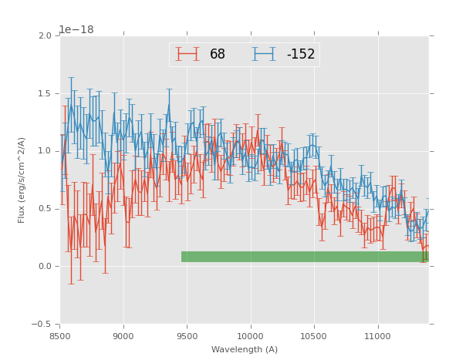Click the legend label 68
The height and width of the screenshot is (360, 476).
218,54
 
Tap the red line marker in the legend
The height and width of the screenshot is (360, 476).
187,54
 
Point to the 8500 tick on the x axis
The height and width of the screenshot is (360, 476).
60,335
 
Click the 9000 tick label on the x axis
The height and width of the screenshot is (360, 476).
123,335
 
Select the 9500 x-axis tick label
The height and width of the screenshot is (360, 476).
187,335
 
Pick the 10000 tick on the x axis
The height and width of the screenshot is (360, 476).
251,335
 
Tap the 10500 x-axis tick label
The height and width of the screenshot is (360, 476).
314,335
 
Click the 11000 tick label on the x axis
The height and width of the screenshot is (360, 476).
377,335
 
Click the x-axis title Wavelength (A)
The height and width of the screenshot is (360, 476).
245,349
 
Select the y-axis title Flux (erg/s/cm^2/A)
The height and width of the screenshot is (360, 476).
22,180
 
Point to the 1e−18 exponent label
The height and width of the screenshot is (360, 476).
76,30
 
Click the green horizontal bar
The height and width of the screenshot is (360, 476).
305,257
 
